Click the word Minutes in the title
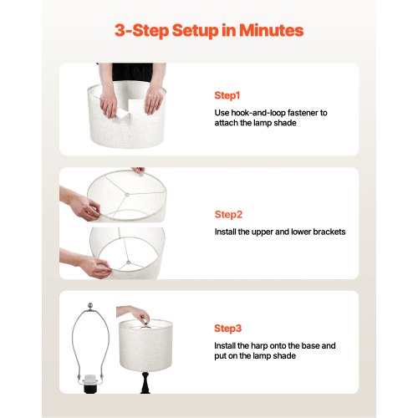tap(271, 30)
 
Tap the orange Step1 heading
tap(227, 95)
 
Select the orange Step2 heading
tap(228, 215)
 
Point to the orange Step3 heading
tap(227, 329)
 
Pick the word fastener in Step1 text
tap(303, 113)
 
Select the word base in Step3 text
tap(310, 346)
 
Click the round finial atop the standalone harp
tap(90, 305)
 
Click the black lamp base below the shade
tap(145, 382)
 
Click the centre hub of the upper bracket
tap(127, 195)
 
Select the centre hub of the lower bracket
tap(129, 263)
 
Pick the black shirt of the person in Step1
tap(133, 72)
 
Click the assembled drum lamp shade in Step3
tap(145, 345)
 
